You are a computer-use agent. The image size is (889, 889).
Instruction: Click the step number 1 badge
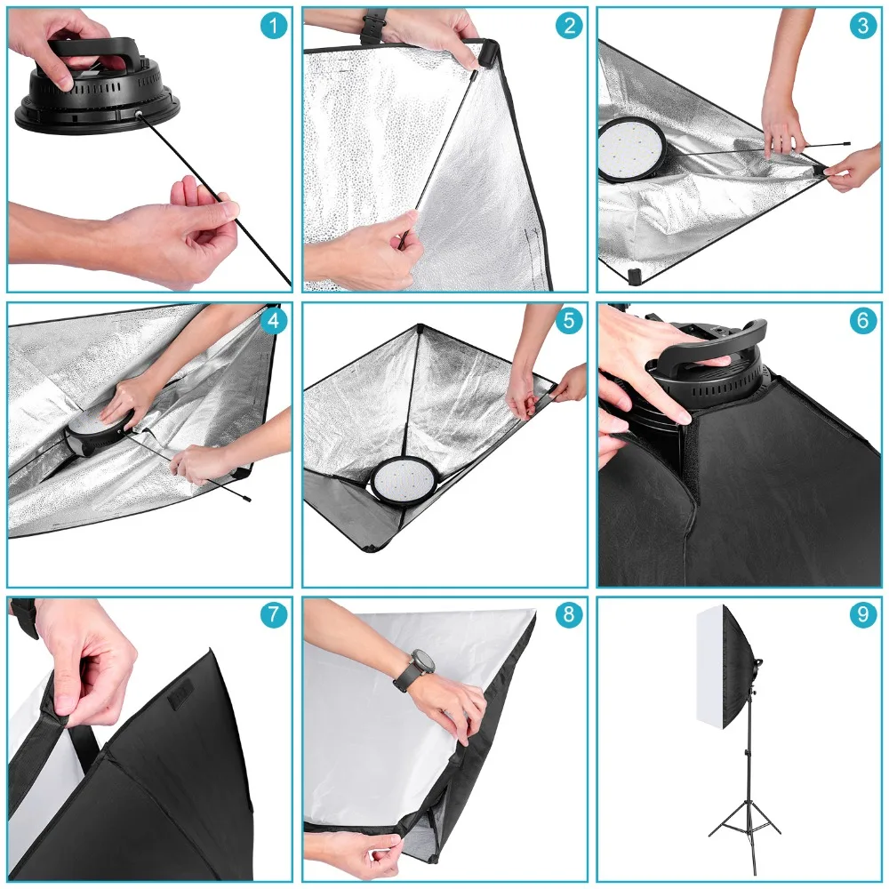click(x=273, y=26)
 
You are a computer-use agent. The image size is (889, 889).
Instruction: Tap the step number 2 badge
click(x=569, y=26)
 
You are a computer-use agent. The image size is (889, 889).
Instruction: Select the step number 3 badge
click(x=863, y=26)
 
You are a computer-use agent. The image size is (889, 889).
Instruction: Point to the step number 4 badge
click(x=273, y=321)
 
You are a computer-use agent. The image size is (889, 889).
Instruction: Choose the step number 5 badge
click(x=569, y=321)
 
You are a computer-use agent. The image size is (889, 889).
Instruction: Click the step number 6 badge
click(x=863, y=321)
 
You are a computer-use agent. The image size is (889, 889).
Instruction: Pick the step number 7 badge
click(x=273, y=614)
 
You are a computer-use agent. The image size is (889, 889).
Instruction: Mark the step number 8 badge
click(x=569, y=614)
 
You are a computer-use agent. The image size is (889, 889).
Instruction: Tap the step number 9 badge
click(x=863, y=614)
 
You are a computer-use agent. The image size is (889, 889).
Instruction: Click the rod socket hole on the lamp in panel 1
click(x=138, y=114)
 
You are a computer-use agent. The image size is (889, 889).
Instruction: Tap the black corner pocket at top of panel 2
click(x=487, y=53)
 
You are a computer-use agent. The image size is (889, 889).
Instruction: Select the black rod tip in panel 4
click(x=246, y=500)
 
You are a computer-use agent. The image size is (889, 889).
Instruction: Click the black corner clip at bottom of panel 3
click(x=635, y=276)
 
